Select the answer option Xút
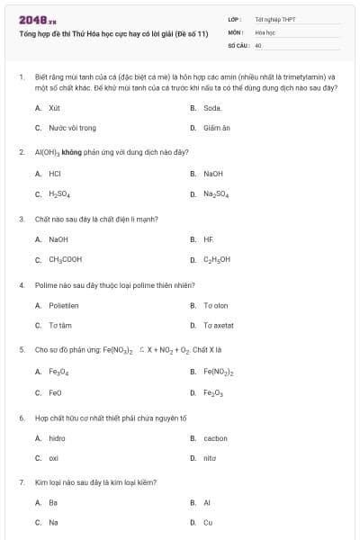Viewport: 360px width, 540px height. click(54, 108)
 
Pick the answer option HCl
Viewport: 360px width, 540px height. click(55, 174)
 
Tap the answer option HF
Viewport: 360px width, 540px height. click(209, 239)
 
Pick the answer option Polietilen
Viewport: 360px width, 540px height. click(64, 305)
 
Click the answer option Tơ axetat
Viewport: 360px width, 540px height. click(218, 325)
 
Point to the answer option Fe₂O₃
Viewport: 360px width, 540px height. click(213, 392)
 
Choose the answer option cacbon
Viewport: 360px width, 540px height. click(215, 438)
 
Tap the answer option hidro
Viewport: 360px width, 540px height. click(57, 438)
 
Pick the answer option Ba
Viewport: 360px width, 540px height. click(53, 503)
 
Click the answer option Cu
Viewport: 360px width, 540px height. click(208, 522)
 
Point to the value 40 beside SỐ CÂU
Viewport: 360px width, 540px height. click(258, 45)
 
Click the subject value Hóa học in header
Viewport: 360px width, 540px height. click(265, 31)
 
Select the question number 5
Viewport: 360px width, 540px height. click(21, 349)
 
